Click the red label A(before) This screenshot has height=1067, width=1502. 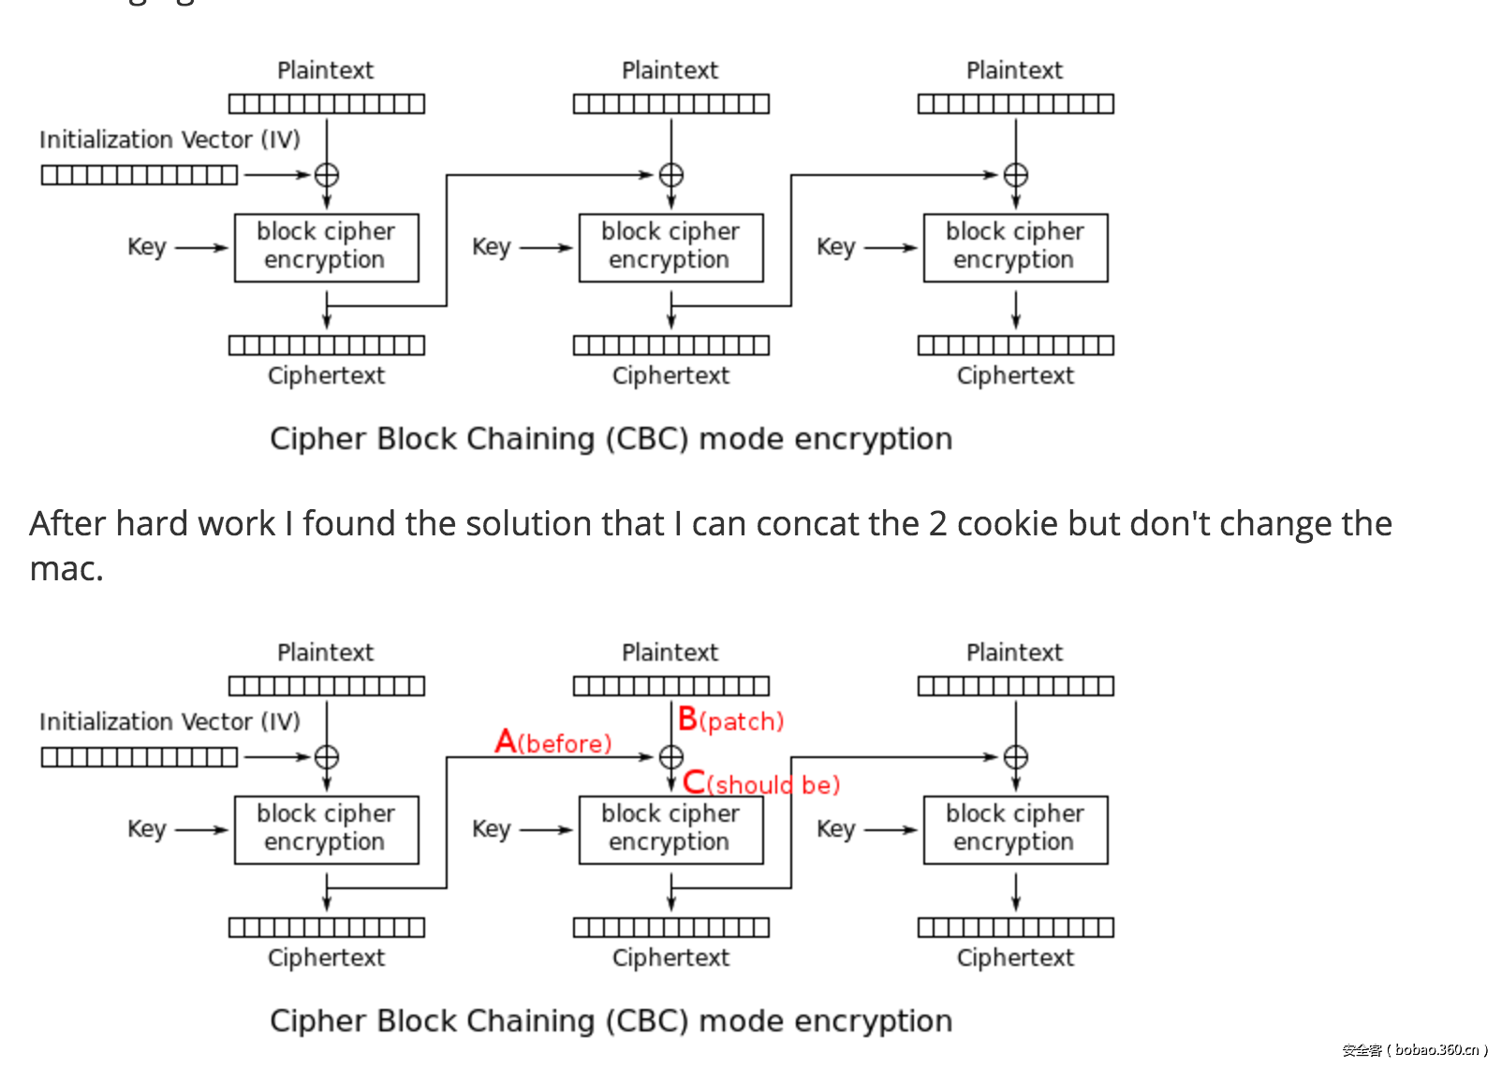coord(552,742)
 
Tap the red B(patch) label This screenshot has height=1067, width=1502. coord(730,720)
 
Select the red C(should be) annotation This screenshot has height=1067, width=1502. coord(760,783)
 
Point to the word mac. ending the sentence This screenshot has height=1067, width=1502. coord(66,569)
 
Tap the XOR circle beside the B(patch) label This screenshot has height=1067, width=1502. coord(671,757)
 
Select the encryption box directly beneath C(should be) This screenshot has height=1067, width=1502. coord(670,829)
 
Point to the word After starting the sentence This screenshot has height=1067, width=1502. coord(67,524)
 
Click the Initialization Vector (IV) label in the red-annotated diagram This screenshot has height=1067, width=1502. coord(169,722)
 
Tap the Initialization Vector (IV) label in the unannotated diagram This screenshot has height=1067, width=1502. coord(169,139)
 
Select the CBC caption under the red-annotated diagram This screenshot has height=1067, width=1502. coord(611,1020)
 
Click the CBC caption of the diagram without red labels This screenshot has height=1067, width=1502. coord(611,438)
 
